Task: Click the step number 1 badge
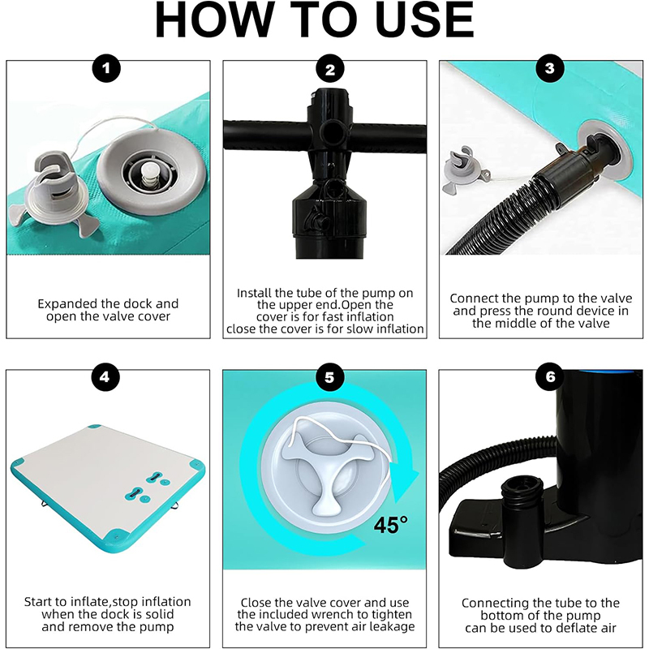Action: point(106,68)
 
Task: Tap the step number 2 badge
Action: point(330,69)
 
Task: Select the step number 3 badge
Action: point(550,68)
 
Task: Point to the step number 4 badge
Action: point(105,377)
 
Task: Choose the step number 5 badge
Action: point(329,377)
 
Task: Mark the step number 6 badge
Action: point(550,377)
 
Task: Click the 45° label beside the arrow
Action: point(390,524)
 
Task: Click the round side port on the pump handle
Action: point(331,131)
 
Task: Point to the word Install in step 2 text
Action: point(254,293)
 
